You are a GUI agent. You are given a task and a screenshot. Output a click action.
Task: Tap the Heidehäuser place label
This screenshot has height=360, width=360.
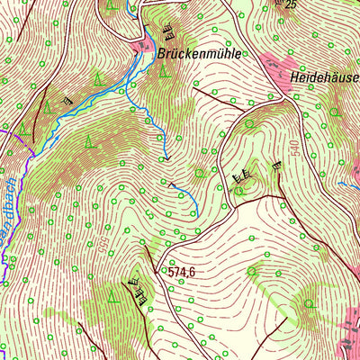click(x=325, y=78)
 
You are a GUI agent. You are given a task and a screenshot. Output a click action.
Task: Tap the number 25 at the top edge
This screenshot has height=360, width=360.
click(x=289, y=4)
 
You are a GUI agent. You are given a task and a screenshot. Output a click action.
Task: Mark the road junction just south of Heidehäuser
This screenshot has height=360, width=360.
click(x=286, y=102)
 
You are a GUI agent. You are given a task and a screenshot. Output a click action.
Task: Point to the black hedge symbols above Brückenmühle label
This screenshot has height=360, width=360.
click(x=167, y=35)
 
